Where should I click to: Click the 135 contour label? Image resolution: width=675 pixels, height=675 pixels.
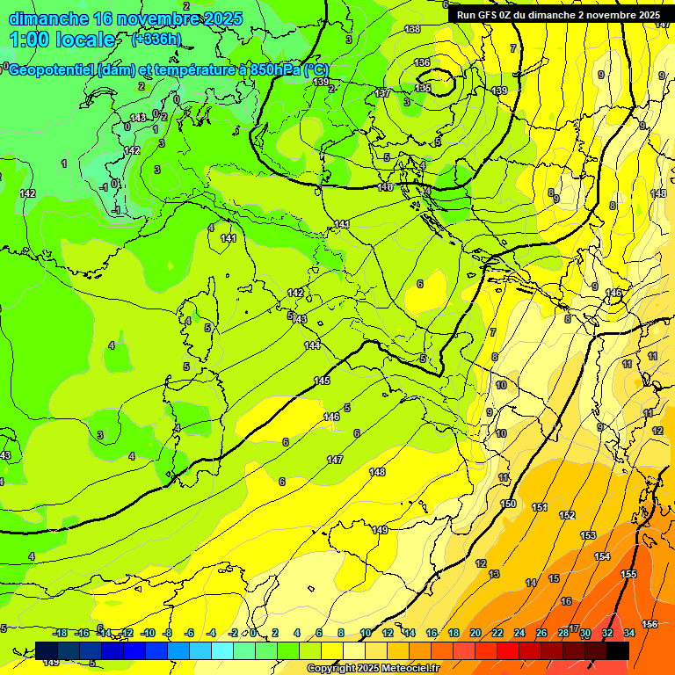point(423,88)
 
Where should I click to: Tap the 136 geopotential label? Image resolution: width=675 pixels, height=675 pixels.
point(423,62)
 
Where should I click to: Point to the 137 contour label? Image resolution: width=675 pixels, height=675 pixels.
point(382,93)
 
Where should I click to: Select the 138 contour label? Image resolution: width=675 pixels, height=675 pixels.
point(412,30)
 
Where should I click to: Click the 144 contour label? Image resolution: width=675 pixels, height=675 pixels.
point(312,345)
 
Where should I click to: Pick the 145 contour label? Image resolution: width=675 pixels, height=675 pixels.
point(322,381)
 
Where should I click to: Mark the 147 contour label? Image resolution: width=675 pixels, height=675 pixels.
point(335,460)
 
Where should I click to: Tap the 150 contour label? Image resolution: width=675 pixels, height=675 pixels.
point(508,504)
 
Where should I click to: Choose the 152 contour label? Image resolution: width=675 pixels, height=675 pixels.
point(567,515)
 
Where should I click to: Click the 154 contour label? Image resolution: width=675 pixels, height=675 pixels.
point(602,556)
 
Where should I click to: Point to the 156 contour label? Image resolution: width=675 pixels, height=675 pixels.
point(650,624)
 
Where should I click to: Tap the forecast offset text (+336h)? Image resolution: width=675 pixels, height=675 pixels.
point(156,39)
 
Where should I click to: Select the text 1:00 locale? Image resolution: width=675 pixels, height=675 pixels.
point(62,39)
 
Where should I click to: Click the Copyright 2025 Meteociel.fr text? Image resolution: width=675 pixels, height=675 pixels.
point(373,668)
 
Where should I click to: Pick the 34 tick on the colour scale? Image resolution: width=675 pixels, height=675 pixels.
point(629,633)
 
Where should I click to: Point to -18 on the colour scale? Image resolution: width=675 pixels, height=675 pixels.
point(61,633)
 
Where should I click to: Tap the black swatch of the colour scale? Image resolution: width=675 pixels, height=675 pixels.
point(618,650)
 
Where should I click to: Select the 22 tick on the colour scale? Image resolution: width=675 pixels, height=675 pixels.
point(497,633)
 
